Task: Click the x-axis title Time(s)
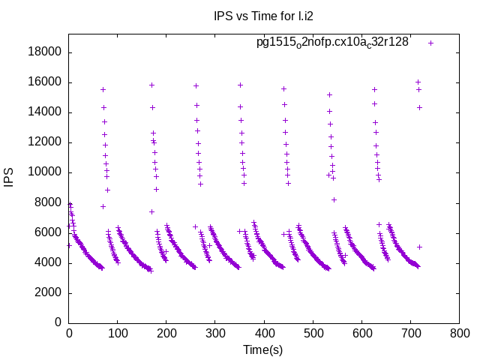(x=263, y=349)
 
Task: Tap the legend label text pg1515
(x=332, y=42)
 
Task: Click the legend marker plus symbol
(x=430, y=43)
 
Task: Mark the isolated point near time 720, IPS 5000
(x=420, y=247)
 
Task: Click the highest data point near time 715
(x=418, y=82)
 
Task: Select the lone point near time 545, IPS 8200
(x=334, y=199)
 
